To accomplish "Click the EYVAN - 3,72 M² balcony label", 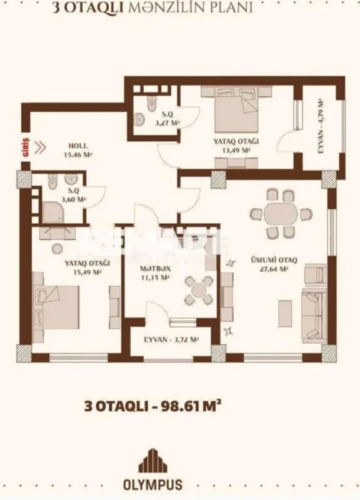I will pos(171,340).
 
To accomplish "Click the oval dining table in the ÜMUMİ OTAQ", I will pos(279,214).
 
